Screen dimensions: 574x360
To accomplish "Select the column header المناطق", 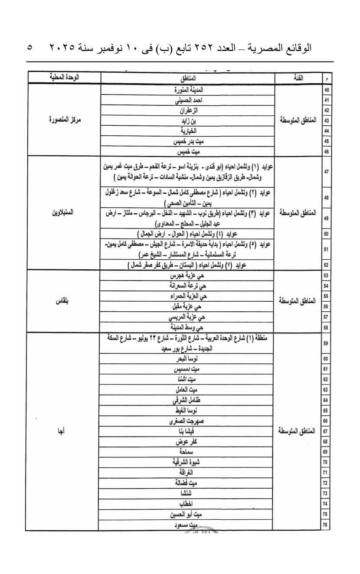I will point(188,78).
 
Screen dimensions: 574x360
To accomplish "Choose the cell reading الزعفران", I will point(188,110).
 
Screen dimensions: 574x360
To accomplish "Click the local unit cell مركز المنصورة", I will point(64,120).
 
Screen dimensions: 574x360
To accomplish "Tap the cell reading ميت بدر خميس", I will point(188,141).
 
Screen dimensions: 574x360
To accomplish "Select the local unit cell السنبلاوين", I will point(64,213).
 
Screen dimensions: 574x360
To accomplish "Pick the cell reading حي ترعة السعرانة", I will point(188,286).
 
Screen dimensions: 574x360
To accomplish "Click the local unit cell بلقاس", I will point(64,301).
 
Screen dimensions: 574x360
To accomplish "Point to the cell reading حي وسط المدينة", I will point(188,327).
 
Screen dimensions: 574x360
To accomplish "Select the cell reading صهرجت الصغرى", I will point(188,421).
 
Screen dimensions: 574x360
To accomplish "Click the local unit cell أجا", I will point(64,431).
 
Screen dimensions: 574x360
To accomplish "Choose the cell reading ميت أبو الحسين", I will point(188,514).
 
